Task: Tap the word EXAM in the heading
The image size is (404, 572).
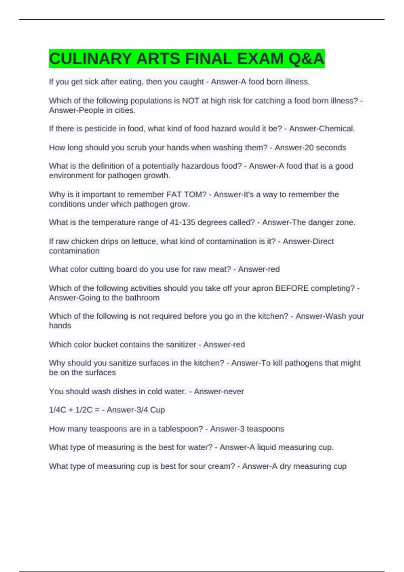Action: tap(261, 59)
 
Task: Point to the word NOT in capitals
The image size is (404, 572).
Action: tap(191, 101)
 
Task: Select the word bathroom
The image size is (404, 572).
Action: tap(142, 298)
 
